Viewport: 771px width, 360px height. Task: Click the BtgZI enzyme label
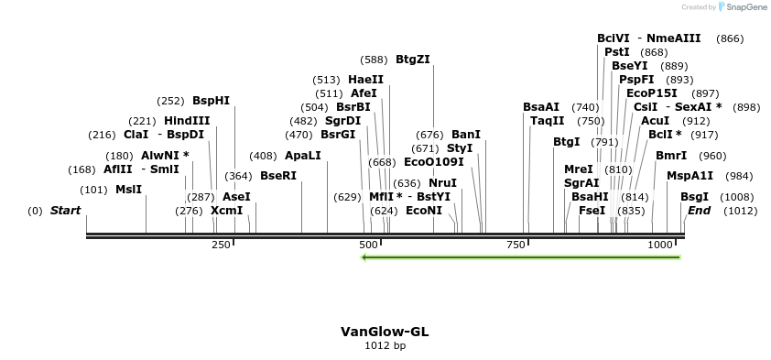413,60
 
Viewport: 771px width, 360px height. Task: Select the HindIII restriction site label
187,120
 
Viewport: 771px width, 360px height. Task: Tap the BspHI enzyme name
211,101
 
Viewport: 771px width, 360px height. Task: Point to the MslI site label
128,190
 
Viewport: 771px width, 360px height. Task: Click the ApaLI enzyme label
303,155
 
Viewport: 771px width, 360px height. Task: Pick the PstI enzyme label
616,52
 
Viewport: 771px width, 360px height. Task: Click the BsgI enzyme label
693,197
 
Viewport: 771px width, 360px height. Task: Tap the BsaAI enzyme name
541,107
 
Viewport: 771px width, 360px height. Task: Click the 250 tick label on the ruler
221,245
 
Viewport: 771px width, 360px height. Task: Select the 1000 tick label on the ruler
661,245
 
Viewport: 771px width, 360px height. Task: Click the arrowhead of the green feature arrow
365,257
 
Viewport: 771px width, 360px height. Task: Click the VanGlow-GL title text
385,332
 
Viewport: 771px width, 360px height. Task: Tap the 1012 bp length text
385,345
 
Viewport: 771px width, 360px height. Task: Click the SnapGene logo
743,7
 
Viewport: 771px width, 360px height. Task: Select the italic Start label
65,211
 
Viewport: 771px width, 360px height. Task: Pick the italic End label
699,211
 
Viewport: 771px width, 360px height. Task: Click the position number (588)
374,60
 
